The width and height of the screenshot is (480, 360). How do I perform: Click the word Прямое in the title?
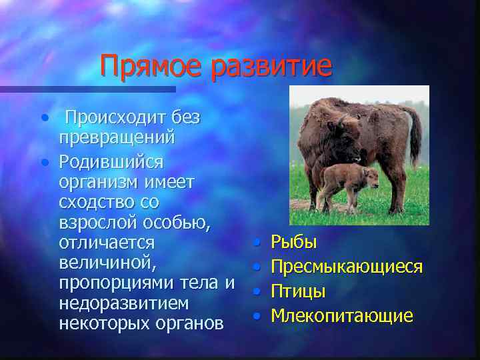tap(152, 67)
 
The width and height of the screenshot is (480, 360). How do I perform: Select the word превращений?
tap(117, 137)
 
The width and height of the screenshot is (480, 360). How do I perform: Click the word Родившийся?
tap(111, 162)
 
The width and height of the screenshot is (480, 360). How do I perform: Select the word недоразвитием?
tap(123, 303)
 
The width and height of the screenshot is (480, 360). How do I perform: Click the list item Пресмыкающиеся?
tap(346, 267)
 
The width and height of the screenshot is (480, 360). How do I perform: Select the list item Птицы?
tap(298, 291)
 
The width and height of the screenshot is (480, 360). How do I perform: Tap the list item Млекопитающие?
tap(341, 315)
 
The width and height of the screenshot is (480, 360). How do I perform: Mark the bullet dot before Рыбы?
tap(257, 243)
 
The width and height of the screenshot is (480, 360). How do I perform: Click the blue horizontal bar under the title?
tap(87, 89)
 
